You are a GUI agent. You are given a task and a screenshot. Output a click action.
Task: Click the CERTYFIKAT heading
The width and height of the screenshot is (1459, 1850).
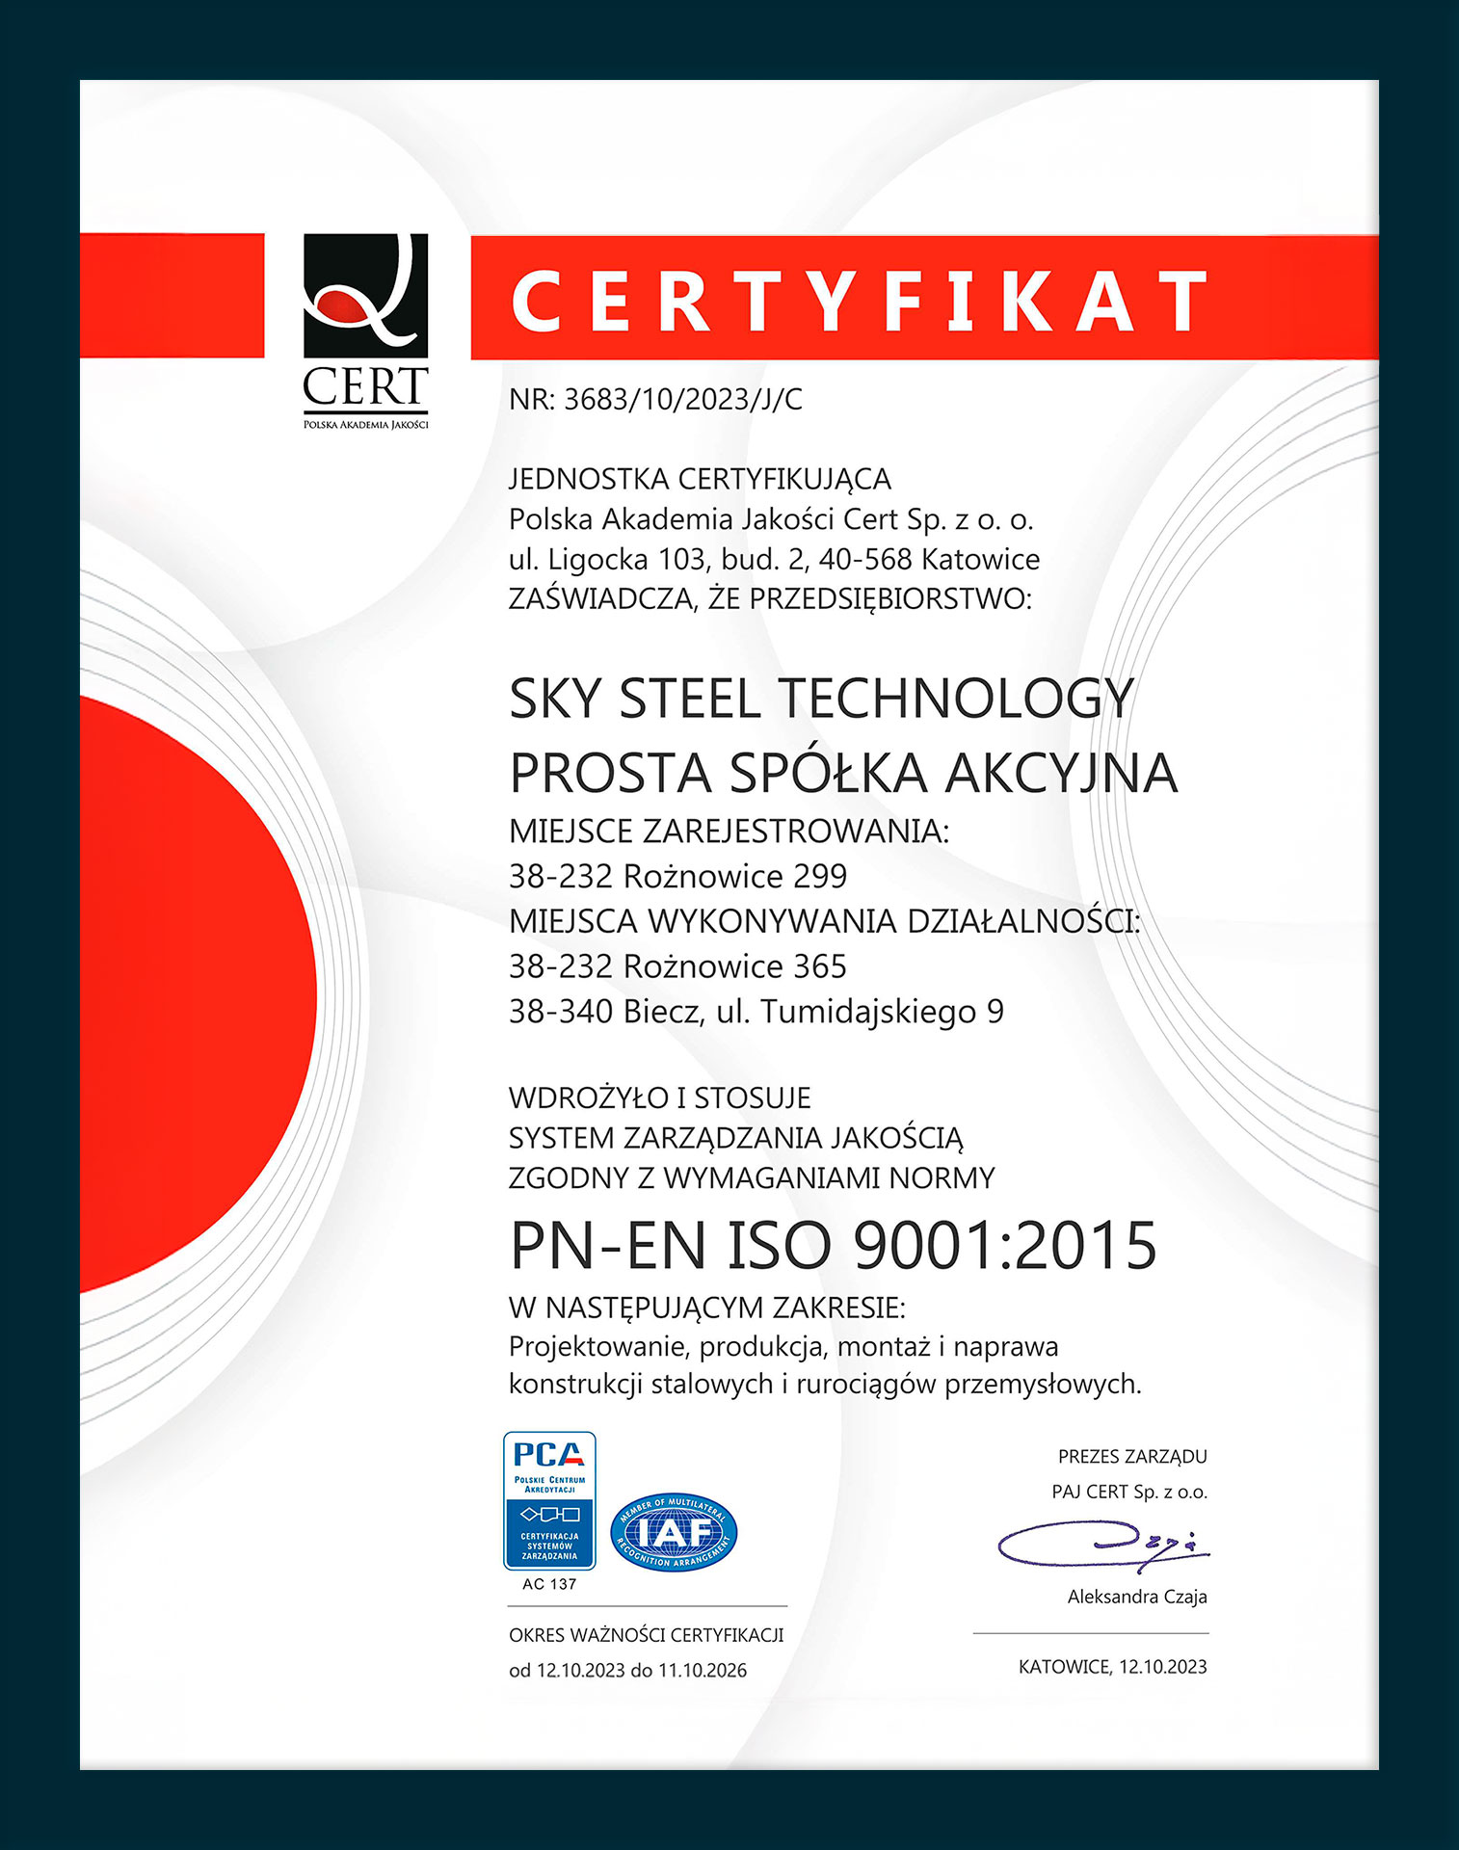[x=858, y=300]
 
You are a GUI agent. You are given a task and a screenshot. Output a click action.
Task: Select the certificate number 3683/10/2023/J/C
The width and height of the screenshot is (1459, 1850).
[x=682, y=399]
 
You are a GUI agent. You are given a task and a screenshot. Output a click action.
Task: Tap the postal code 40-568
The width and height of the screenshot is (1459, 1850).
[x=865, y=559]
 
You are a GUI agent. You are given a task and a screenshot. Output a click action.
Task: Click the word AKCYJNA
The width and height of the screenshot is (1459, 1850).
[x=1061, y=773]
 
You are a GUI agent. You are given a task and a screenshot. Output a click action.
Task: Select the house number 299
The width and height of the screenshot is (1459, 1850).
[x=820, y=876]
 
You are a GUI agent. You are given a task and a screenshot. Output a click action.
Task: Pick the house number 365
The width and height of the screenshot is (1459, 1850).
[x=820, y=965]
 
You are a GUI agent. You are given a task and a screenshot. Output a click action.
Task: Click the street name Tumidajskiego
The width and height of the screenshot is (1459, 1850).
[x=868, y=1012]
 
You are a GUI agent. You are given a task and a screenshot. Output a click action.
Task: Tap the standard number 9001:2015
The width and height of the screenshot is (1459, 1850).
[x=1005, y=1245]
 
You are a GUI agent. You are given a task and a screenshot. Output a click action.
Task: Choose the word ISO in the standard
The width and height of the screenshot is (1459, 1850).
[x=779, y=1245]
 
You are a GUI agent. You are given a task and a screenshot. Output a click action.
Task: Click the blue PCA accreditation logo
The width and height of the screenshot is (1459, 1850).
[x=549, y=1500]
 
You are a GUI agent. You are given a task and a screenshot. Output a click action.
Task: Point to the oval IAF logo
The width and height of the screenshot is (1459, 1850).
[x=674, y=1532]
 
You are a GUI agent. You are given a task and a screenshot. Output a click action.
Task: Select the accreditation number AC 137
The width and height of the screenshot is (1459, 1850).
[x=549, y=1584]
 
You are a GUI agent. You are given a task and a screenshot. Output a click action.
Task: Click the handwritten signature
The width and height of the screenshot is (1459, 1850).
[x=1101, y=1544]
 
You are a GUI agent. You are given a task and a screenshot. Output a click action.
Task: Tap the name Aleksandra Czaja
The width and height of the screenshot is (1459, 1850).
[x=1137, y=1597]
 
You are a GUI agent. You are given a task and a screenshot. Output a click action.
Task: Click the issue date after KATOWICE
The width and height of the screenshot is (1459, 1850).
[x=1162, y=1667]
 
